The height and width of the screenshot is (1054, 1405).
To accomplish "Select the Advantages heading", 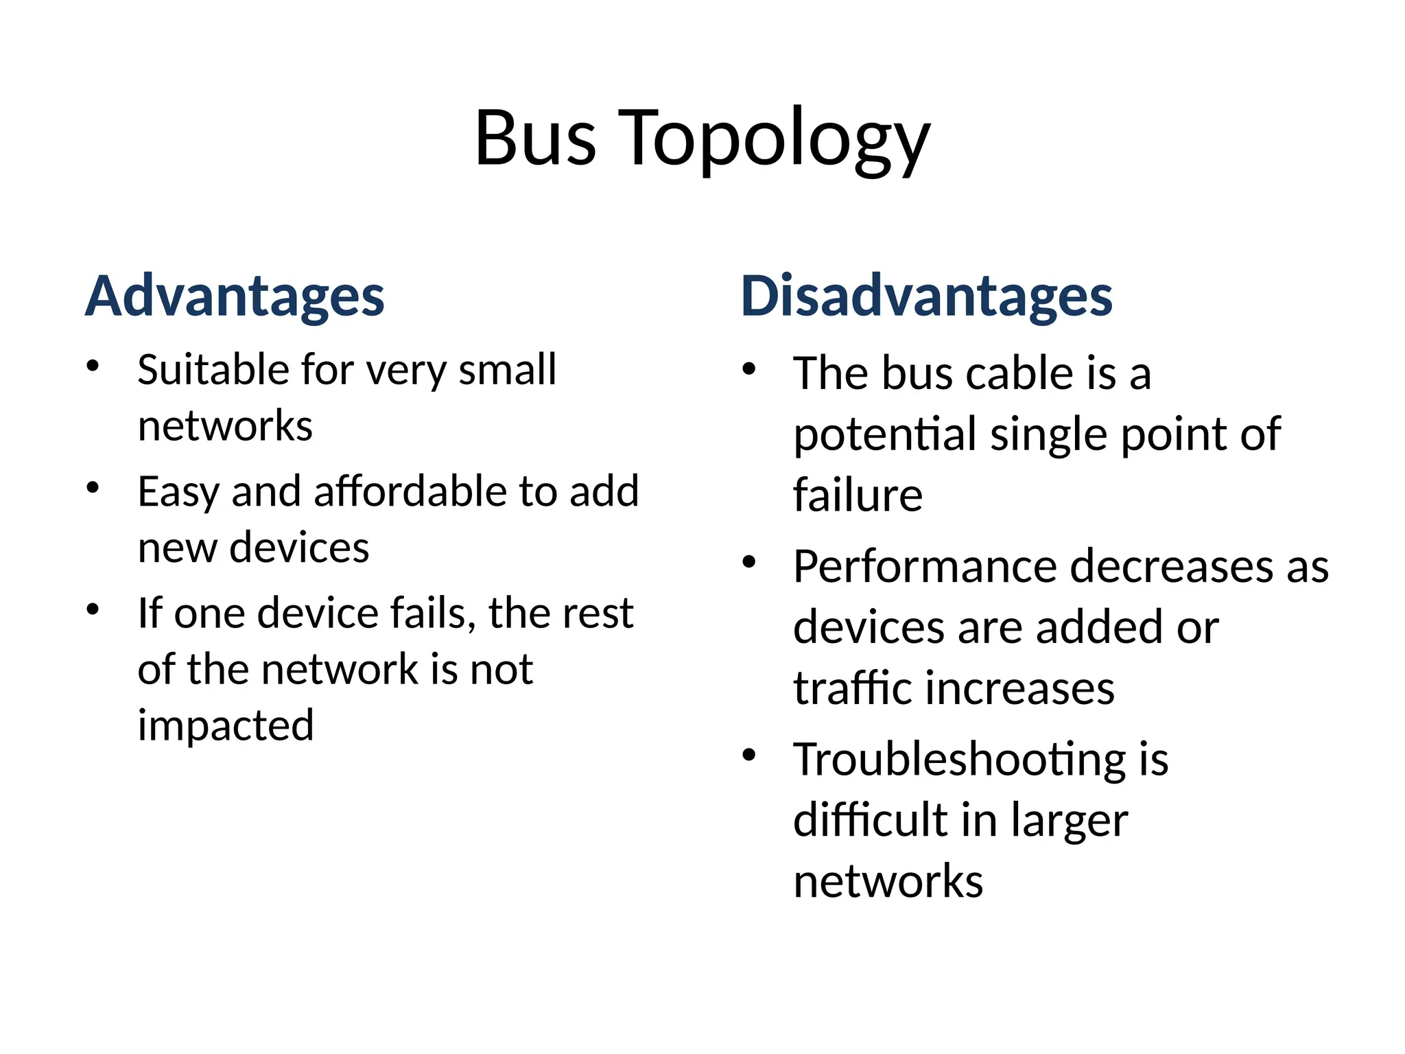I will pyautogui.click(x=235, y=296).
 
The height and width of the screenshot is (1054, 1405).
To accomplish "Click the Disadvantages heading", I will pyautogui.click(x=926, y=296).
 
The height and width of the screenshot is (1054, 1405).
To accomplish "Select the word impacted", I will pyautogui.click(x=226, y=725).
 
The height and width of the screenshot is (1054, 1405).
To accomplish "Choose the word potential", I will pyautogui.click(x=885, y=435).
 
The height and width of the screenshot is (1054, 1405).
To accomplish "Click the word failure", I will pyautogui.click(x=858, y=495).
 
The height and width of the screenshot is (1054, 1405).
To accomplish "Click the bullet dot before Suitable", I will pyautogui.click(x=93, y=365).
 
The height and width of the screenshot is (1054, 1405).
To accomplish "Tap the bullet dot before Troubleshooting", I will pyautogui.click(x=749, y=755).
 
